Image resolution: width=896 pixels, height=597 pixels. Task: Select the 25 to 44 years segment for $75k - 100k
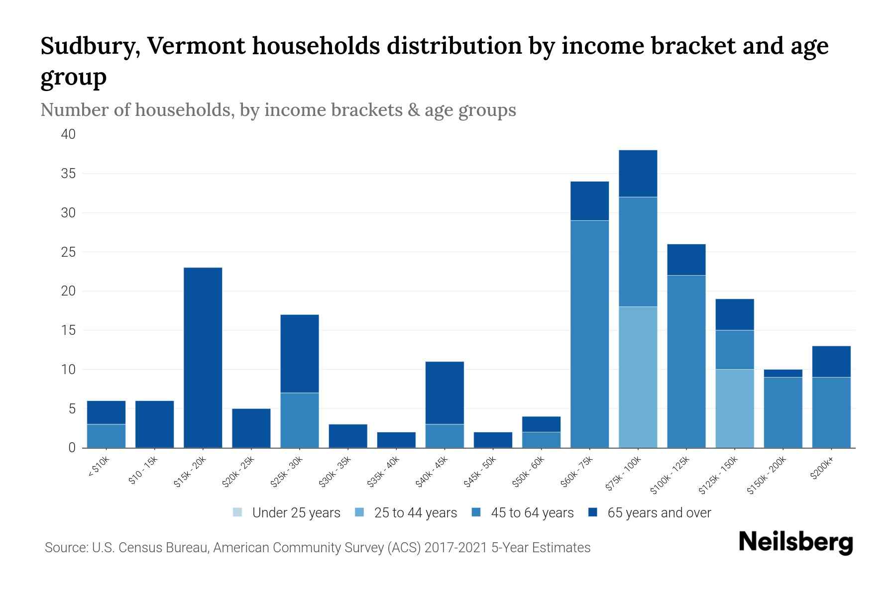[x=638, y=377]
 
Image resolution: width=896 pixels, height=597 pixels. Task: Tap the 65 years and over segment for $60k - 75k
[x=589, y=200]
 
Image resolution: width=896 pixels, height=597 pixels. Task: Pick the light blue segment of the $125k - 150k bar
[x=735, y=408]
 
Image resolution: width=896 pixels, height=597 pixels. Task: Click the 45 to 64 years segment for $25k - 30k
[x=300, y=420]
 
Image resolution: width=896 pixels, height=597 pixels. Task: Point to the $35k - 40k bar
[x=396, y=440]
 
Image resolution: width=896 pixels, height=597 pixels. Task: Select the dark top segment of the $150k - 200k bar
[x=783, y=373]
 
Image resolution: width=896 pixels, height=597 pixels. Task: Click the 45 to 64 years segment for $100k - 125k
[x=686, y=361]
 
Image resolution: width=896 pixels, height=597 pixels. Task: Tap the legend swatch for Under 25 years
[x=238, y=512]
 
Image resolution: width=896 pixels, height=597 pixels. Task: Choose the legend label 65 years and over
[x=659, y=513]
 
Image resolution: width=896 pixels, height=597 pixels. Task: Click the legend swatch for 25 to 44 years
[x=360, y=512]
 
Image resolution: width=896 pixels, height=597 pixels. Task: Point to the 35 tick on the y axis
[x=68, y=174]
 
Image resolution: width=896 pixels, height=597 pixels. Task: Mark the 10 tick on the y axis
[x=68, y=370]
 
